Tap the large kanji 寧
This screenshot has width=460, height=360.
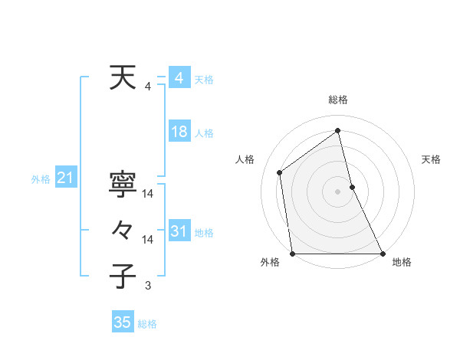tap(123, 184)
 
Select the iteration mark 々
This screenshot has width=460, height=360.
tap(123, 230)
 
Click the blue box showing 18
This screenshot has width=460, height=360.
tap(179, 132)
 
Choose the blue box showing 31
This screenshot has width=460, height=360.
tap(179, 231)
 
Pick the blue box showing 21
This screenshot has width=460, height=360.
tap(65, 178)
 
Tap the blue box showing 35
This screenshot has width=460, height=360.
tap(122, 322)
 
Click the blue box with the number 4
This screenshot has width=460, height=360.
tap(179, 78)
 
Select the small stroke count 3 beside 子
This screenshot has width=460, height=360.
tap(148, 286)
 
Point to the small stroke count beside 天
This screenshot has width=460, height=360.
tap(148, 87)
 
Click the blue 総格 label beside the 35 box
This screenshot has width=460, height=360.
tap(147, 324)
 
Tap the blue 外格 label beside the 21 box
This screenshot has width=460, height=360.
tap(41, 180)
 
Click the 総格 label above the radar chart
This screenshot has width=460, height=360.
tap(338, 100)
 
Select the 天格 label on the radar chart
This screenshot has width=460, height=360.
tap(431, 159)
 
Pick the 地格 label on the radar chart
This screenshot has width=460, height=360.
tap(402, 262)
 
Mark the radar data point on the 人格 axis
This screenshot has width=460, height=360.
tap(280, 172)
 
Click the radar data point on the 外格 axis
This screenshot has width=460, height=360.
tap(292, 254)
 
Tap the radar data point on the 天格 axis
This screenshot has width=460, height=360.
tap(352, 187)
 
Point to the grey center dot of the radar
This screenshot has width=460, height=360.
tap(338, 191)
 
